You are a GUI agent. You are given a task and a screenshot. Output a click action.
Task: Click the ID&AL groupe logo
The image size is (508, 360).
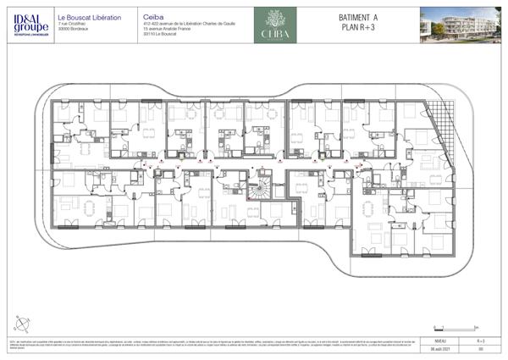(x=26, y=23)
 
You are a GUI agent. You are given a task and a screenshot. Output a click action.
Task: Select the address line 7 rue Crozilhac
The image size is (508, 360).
(x=74, y=23)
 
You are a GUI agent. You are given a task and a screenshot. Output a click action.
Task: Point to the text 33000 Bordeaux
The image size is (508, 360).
(x=74, y=28)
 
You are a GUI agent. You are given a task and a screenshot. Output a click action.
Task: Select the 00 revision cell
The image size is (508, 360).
(x=480, y=347)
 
